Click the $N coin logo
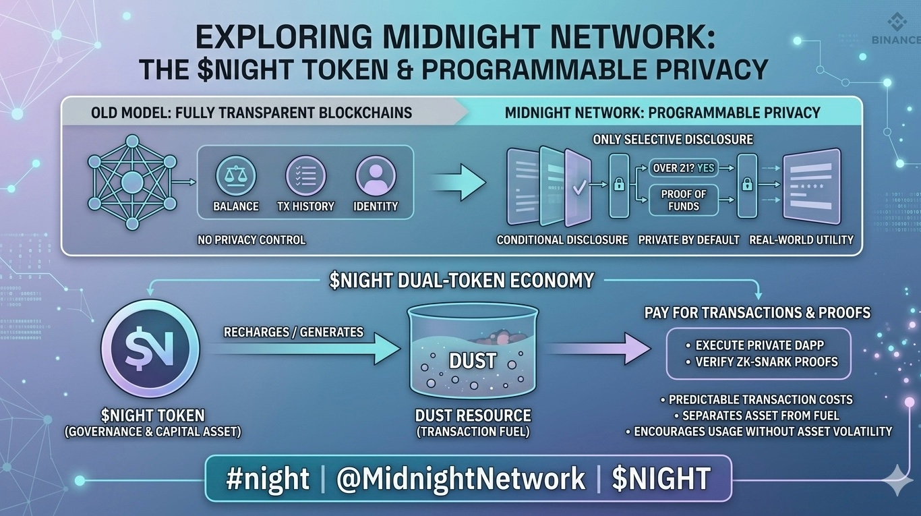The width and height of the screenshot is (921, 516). (150, 349)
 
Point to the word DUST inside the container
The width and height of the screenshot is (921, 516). (473, 361)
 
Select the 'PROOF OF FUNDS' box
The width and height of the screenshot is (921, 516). (683, 200)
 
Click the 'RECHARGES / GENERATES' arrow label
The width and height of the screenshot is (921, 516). (293, 332)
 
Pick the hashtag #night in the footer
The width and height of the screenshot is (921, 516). (268, 479)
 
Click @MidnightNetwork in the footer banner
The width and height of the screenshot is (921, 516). (461, 479)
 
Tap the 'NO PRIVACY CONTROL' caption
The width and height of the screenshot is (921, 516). (251, 239)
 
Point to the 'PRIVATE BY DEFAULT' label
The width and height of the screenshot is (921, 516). (688, 239)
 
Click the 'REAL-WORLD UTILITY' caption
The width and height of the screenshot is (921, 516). (801, 239)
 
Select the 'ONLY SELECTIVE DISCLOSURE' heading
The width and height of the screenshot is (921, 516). (673, 140)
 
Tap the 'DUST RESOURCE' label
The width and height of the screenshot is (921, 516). (473, 415)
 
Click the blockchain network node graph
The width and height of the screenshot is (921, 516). (132, 181)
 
